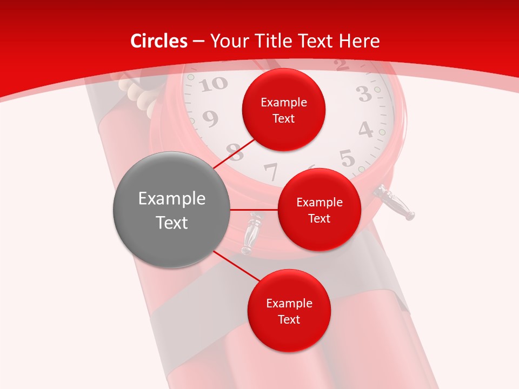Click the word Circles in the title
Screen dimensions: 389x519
point(159,41)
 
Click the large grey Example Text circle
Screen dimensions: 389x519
point(172,210)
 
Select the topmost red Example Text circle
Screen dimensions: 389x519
point(283,110)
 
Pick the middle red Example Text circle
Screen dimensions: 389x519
point(319,210)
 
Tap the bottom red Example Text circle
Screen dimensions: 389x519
point(289,311)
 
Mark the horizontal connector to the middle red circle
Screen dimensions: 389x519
point(254,210)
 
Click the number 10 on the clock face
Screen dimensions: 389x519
point(216,84)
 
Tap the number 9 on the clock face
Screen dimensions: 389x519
point(210,118)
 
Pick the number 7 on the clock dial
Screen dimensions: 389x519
point(270,172)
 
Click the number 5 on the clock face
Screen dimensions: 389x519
point(347,158)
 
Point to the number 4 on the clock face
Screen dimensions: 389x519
point(366,130)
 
